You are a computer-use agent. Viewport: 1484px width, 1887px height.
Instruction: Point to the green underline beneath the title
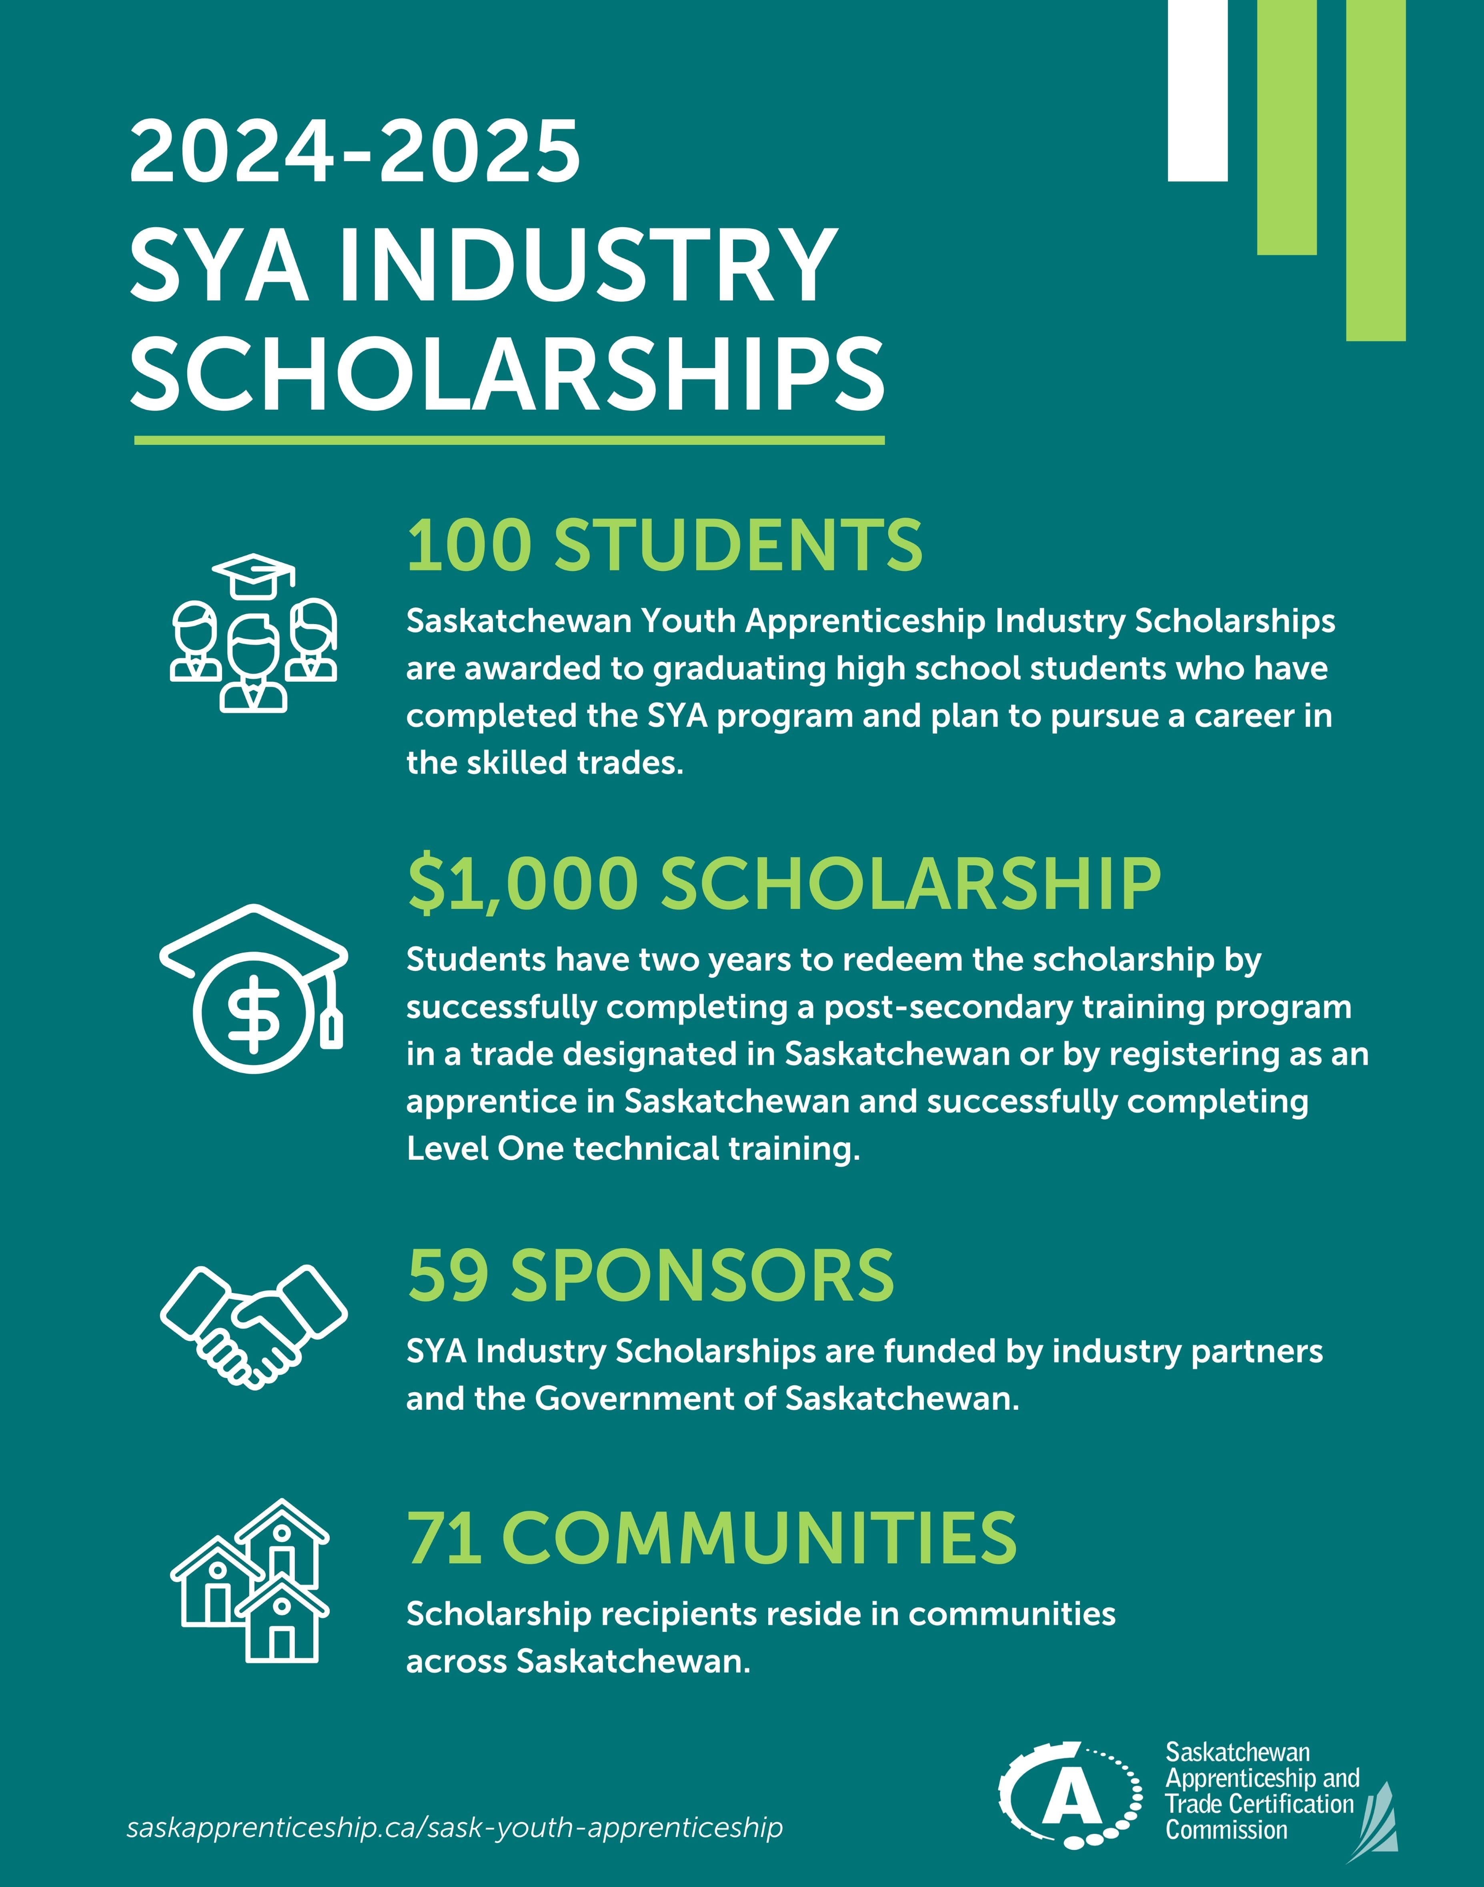[509, 440]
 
